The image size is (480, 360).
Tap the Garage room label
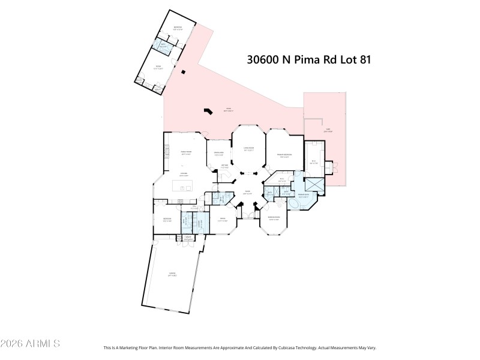pyautogui.click(x=172, y=274)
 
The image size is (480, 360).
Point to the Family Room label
pyautogui.click(x=178, y=152)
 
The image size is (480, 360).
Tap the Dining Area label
pyautogui.click(x=219, y=154)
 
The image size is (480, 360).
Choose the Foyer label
pyautogui.click(x=247, y=193)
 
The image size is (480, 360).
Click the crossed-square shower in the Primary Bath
pyautogui.click(x=314, y=185)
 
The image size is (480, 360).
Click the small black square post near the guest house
pyautogui.click(x=184, y=73)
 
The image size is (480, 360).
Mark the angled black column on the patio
pyautogui.click(x=208, y=111)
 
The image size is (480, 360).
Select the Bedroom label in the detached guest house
pyautogui.click(x=178, y=28)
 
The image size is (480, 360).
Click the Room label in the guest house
pyautogui.click(x=159, y=67)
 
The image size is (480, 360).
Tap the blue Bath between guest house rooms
pyautogui.click(x=163, y=45)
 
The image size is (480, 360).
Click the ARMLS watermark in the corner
pyautogui.click(x=30, y=344)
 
